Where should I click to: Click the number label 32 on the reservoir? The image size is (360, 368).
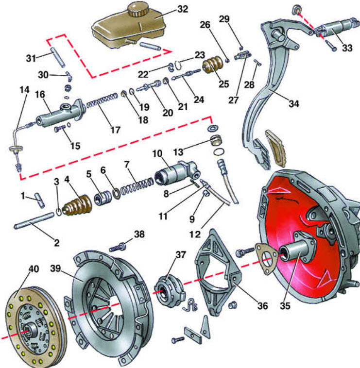click(x=169, y=10)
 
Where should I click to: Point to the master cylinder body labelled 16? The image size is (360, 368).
click(x=57, y=116)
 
